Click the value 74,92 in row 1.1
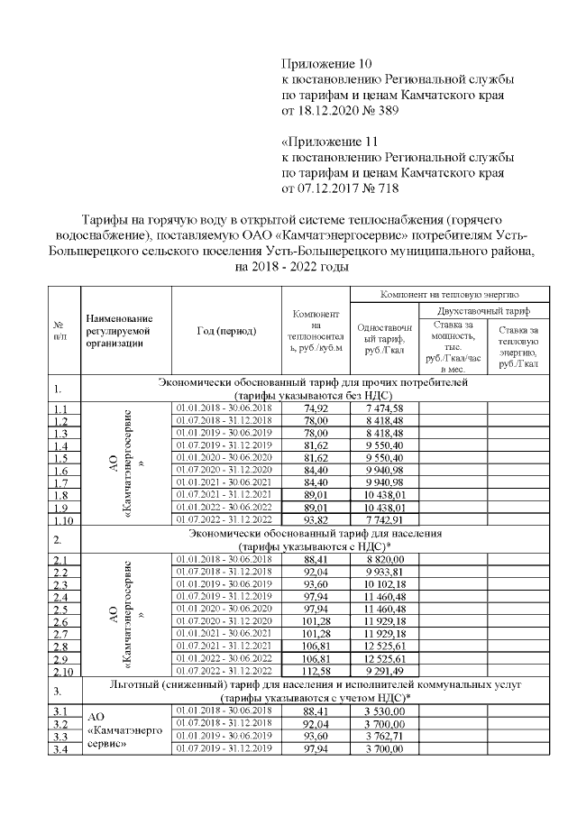(315, 408)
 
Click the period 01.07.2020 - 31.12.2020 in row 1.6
(226, 469)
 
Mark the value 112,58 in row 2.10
(315, 669)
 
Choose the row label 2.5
(62, 610)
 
